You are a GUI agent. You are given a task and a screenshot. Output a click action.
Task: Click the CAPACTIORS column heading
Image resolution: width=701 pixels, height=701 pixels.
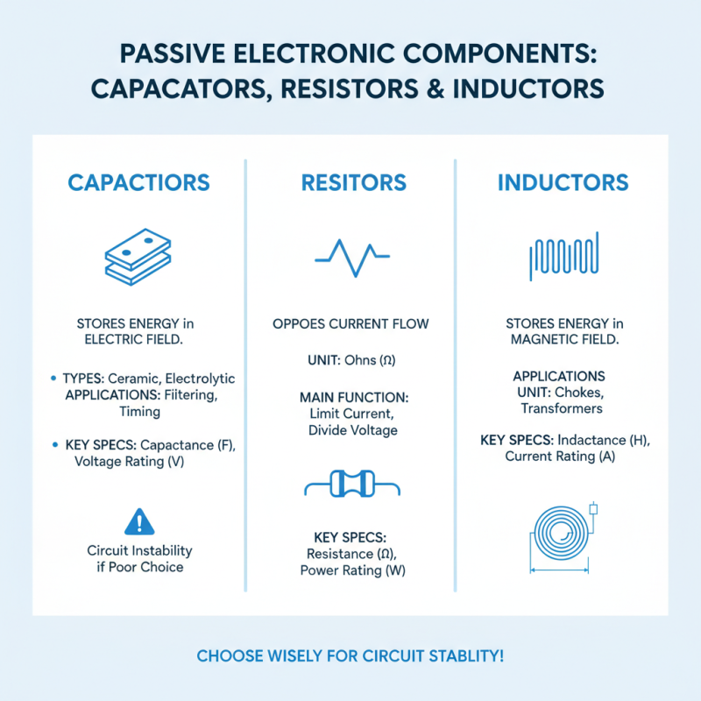point(139,183)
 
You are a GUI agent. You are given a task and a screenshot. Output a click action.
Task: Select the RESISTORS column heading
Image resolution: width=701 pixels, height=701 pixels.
point(353,183)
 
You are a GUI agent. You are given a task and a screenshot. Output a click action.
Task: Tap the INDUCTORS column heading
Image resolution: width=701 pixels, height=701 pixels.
point(563,183)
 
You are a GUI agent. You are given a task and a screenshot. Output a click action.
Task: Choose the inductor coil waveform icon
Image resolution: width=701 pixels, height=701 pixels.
point(563,254)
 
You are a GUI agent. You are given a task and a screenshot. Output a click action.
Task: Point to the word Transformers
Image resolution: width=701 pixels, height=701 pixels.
point(563,408)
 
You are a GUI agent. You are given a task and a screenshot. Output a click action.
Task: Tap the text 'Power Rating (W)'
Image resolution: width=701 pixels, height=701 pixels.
point(353,570)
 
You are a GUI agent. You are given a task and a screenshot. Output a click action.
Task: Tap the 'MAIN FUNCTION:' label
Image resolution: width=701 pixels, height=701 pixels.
point(353,397)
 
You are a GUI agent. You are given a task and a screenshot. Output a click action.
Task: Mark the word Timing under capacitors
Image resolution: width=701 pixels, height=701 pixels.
point(139,411)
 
